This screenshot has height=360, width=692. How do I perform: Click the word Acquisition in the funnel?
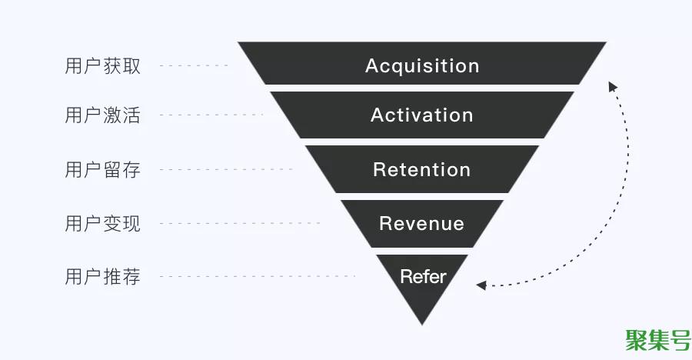coord(422,66)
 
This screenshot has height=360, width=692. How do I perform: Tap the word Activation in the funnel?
coord(422,115)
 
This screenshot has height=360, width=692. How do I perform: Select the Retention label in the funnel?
coord(422,170)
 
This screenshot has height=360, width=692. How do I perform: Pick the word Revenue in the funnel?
coord(422,224)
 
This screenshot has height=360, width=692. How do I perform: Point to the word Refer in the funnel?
coord(423,276)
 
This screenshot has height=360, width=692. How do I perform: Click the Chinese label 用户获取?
coord(102,66)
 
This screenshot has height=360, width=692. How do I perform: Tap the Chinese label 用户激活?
coord(102,115)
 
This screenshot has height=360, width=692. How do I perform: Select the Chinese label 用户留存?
coord(102,170)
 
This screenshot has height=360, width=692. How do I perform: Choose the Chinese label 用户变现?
coord(102,224)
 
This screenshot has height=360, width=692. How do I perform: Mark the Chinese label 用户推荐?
coord(102,276)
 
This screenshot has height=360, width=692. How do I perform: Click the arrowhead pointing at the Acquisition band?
coord(613,86)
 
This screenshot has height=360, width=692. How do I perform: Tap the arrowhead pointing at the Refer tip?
coord(481,285)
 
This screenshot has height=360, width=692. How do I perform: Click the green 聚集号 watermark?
coord(658,341)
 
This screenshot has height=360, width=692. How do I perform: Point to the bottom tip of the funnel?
coord(422,325)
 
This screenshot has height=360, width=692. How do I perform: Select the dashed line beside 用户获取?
coord(195,66)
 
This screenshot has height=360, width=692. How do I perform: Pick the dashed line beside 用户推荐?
coord(258,276)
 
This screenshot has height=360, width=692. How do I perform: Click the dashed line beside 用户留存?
coord(226,169)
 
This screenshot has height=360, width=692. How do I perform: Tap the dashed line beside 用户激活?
coord(211,115)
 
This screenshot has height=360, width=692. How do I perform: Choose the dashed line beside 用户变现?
coord(240,224)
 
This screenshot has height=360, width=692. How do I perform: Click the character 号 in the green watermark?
coord(680,341)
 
